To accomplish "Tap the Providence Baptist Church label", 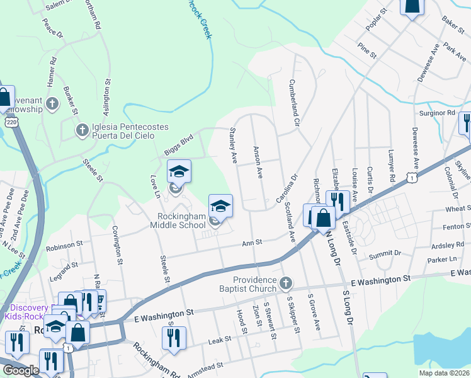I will (x=255, y=284).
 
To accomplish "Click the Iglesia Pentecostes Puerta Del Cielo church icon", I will (x=81, y=130).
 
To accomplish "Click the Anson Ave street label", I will (x=257, y=163).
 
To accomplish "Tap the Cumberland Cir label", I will (x=293, y=102).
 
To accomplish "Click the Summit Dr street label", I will (x=385, y=254).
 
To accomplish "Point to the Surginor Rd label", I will (x=436, y=113).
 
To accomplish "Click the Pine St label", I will (x=366, y=48).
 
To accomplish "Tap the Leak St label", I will (x=220, y=340).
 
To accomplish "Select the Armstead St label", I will (x=203, y=366).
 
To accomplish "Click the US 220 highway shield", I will (x=10, y=120).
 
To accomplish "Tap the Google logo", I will (x=21, y=370).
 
